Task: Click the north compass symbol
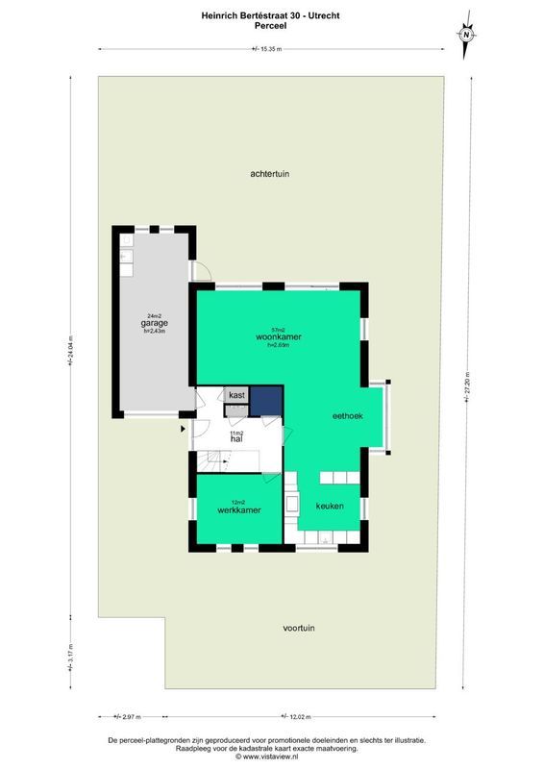(x=466, y=34)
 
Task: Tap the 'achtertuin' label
(x=270, y=174)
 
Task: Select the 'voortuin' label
(x=299, y=628)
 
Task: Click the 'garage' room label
(x=155, y=323)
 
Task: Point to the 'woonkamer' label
(x=278, y=337)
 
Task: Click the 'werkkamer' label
(x=239, y=509)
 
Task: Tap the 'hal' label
(x=235, y=439)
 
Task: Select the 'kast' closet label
(x=236, y=395)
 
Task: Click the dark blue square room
(x=266, y=400)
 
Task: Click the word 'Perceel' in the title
(x=271, y=26)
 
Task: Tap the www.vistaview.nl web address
(x=271, y=757)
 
